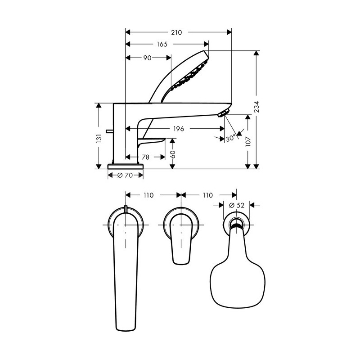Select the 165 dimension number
tap(162, 44)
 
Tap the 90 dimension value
tap(147, 58)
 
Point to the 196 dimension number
tap(179, 129)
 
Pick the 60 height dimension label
tap(172, 154)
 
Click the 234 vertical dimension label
tap(256, 107)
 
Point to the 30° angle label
tap(231, 139)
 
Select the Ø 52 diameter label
tap(236, 205)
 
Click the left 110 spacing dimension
tap(148, 195)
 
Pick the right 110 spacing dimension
tap(207, 195)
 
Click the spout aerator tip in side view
tap(223, 113)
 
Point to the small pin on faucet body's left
tap(108, 131)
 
